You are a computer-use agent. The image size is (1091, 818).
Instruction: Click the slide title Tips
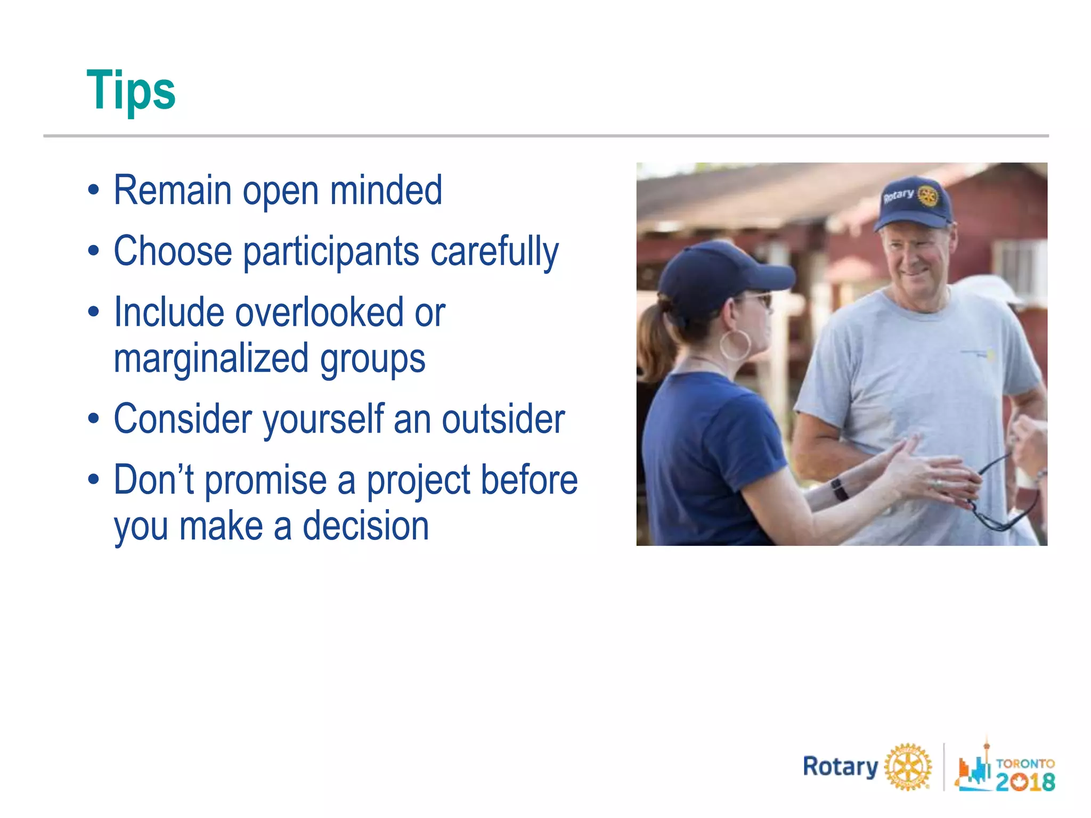click(x=131, y=91)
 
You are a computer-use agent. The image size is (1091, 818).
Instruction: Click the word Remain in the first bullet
click(x=173, y=190)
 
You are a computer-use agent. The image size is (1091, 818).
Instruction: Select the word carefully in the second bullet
click(x=494, y=251)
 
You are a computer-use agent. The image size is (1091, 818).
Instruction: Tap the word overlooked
click(x=319, y=313)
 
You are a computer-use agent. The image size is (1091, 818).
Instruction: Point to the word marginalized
click(x=211, y=358)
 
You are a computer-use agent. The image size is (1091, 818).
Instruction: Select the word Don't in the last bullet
click(x=153, y=480)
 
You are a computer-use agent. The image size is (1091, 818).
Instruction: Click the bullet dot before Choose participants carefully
click(x=94, y=251)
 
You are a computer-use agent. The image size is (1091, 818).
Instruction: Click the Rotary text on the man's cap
click(x=899, y=195)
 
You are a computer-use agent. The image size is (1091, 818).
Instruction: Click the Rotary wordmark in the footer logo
click(x=840, y=767)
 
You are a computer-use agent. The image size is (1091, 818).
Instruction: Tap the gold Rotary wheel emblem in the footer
click(x=908, y=767)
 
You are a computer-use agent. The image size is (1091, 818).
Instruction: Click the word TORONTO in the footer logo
click(x=1025, y=763)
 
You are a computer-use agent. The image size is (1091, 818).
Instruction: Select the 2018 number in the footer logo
click(x=1025, y=782)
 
